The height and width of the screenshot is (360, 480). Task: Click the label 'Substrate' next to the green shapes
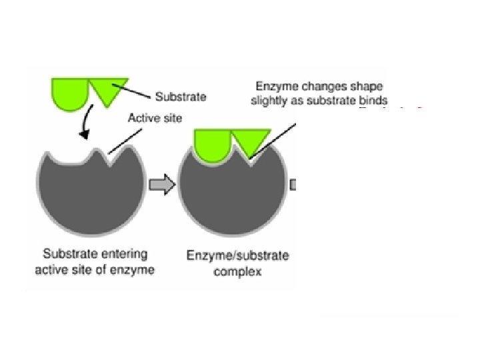pos(181,97)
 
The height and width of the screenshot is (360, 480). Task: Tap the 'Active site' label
pos(154,118)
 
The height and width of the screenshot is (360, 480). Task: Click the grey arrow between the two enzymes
pos(161,186)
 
